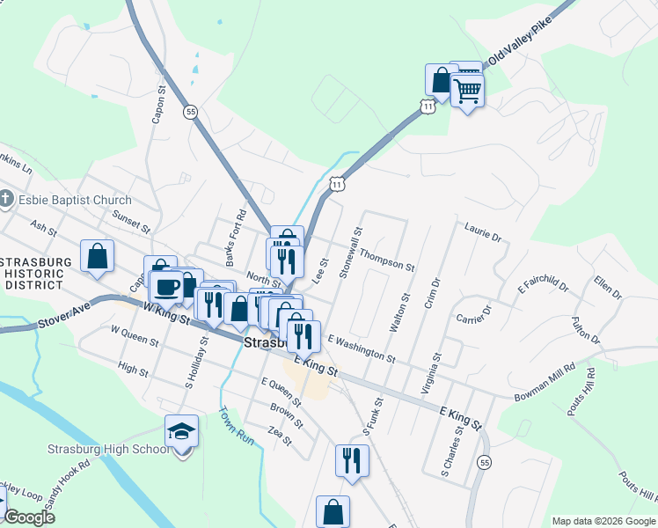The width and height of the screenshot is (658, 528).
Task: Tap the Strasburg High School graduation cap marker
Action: point(181,431)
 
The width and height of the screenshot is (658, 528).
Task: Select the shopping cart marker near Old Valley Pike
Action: point(468,89)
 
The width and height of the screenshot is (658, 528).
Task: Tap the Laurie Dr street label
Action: point(482,233)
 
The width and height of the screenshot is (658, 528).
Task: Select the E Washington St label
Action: point(361,346)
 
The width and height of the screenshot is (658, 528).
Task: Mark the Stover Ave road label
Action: point(67,316)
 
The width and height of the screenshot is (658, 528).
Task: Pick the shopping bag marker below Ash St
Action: point(97,256)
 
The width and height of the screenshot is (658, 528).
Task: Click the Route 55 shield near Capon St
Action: point(191,112)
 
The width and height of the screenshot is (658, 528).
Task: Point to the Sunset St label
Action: point(131,220)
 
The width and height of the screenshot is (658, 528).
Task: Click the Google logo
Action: point(29,517)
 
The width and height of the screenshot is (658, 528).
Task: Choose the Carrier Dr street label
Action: point(472,313)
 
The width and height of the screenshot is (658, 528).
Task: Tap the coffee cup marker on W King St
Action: point(167,285)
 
